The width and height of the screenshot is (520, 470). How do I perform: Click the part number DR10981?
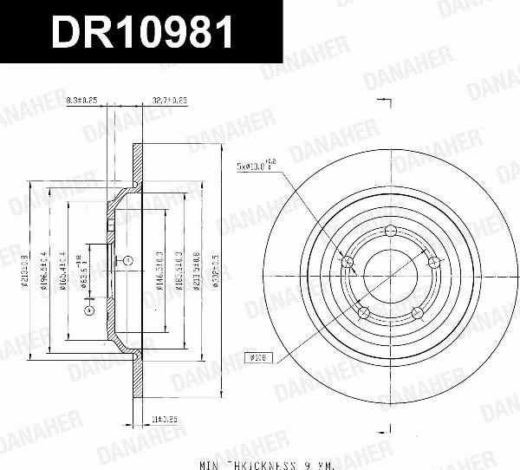click(x=143, y=34)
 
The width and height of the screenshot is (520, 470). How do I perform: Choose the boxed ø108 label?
click(x=258, y=356)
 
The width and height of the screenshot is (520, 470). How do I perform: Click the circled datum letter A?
click(x=88, y=310)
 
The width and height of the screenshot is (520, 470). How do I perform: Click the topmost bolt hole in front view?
click(x=390, y=231)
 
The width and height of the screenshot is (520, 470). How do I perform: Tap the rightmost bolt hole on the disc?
click(x=432, y=261)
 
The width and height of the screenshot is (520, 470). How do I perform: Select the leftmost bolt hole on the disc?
click(x=348, y=262)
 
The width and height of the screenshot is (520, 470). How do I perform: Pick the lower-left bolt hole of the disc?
click(x=364, y=311)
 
